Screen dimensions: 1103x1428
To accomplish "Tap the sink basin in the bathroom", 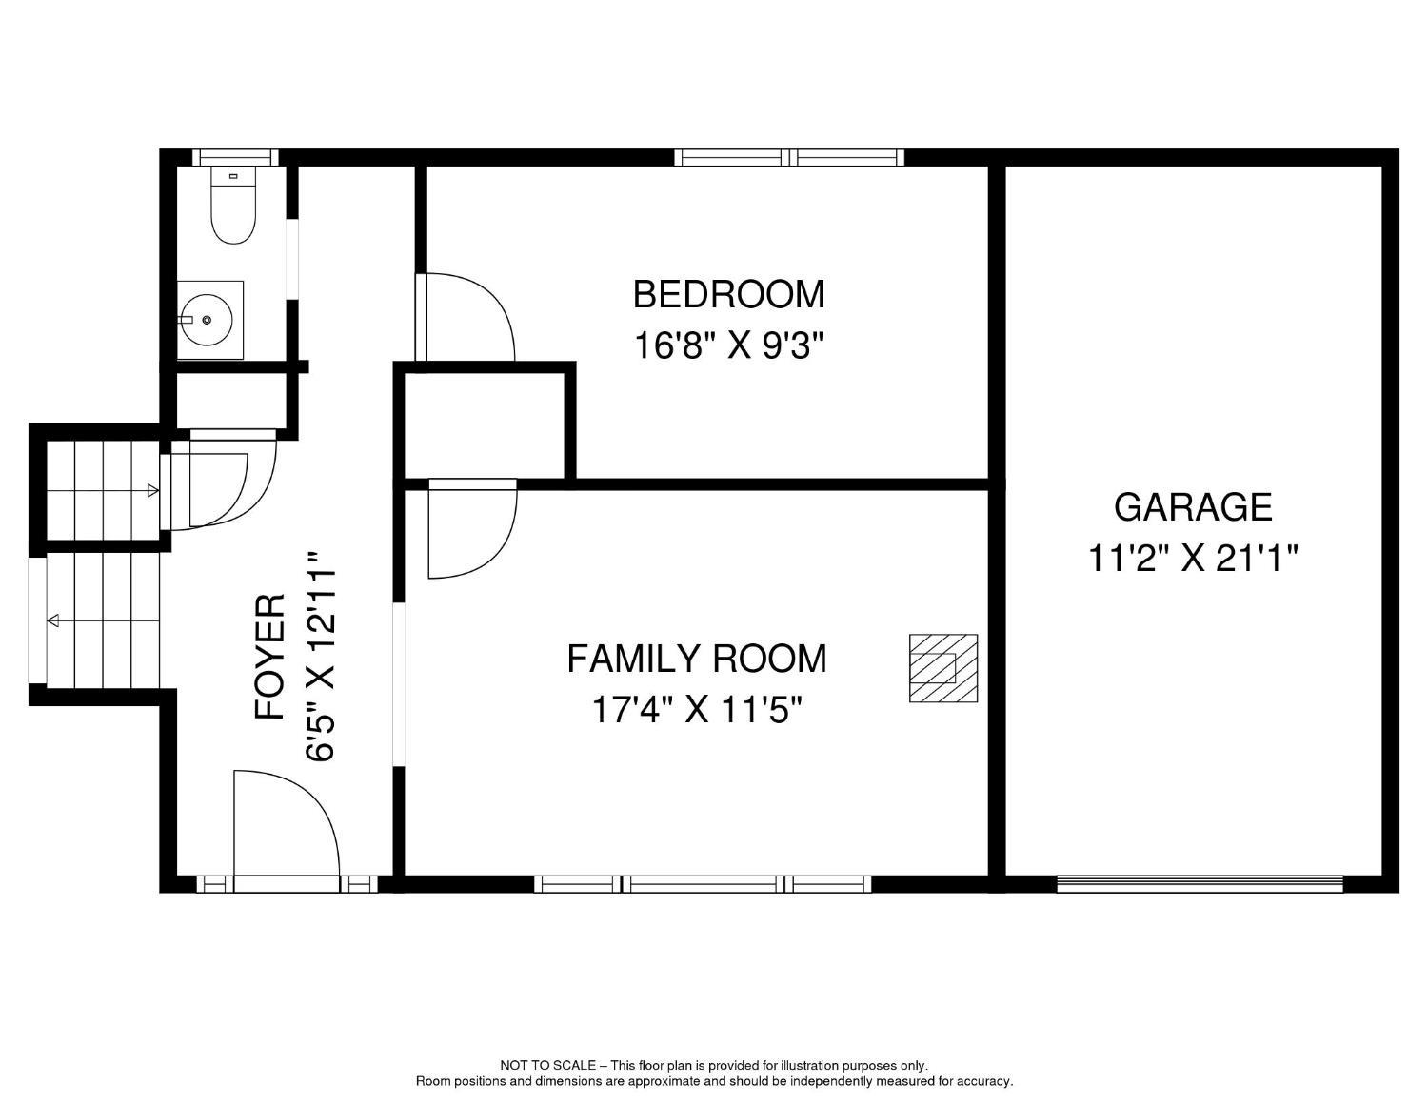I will (208, 321).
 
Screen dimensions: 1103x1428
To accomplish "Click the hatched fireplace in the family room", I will (943, 668).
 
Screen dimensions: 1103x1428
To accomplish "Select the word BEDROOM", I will (728, 294).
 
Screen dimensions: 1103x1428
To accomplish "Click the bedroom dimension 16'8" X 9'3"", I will (728, 345).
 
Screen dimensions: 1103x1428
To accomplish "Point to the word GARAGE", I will (1193, 507).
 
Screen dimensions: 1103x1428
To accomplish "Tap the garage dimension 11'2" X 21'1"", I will (1193, 559).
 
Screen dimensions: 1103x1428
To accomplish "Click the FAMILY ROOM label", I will (697, 659).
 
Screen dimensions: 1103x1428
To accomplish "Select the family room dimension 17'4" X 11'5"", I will (697, 710).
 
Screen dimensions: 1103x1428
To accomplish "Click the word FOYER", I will (271, 657).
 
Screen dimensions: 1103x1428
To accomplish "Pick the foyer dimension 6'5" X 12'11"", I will (322, 657).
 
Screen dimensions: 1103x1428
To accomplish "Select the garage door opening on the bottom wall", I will (1200, 884).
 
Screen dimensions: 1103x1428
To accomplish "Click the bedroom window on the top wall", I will (789, 157).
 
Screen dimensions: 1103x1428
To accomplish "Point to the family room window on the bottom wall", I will (703, 884).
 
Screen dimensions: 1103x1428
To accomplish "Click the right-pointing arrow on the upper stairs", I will (152, 491).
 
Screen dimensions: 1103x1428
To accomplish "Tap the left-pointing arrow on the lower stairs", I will (53, 621).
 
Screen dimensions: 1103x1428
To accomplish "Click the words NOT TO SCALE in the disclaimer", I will (547, 1066).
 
